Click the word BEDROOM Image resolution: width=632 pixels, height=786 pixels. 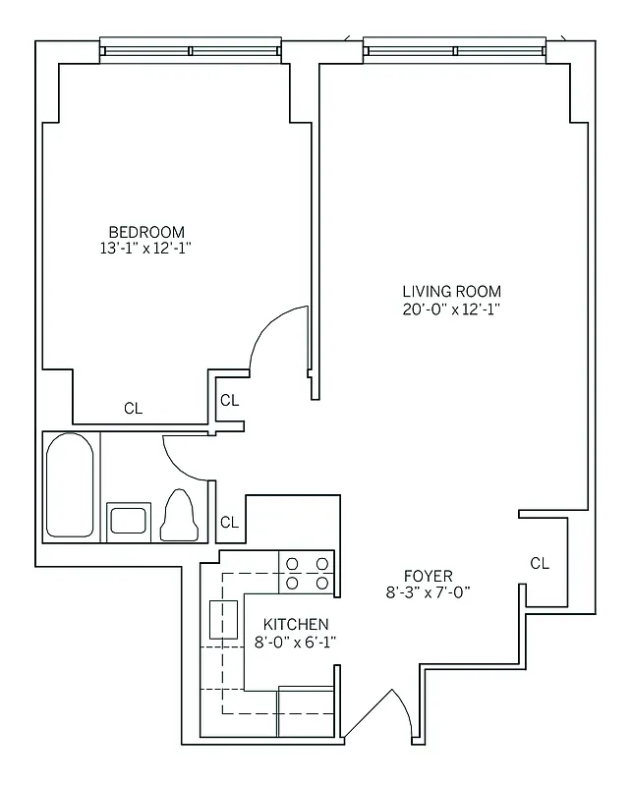coord(146,232)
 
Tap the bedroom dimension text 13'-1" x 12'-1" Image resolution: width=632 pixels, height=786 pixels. coord(146,249)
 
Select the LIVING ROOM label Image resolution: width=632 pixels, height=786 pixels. coord(451,291)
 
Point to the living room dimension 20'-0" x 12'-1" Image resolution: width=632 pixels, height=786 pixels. coord(451,308)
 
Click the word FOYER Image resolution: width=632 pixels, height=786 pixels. coord(428,575)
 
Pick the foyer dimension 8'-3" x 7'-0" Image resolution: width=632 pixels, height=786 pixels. coord(428,591)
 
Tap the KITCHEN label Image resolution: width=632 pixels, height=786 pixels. coord(296,624)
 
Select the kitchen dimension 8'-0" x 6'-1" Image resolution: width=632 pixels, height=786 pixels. coord(296,641)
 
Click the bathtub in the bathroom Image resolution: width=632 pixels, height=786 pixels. coord(71,485)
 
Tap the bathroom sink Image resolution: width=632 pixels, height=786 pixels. coord(129,518)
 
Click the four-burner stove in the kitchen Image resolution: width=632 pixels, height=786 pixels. coord(307,573)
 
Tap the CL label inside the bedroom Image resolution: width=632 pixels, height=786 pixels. coord(133,409)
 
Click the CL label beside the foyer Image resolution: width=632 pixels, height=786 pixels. coord(540,563)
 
